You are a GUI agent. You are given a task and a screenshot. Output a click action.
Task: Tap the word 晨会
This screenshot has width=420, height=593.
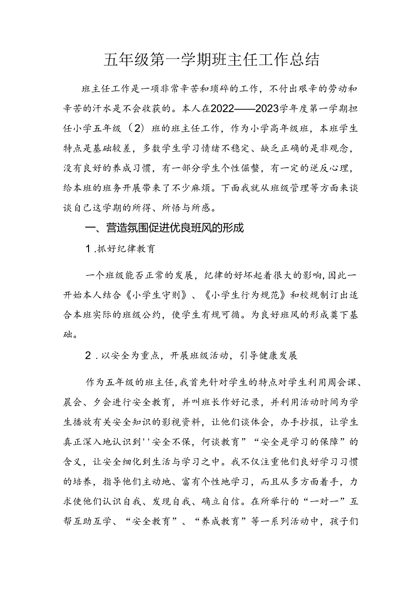(x=73, y=402)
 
